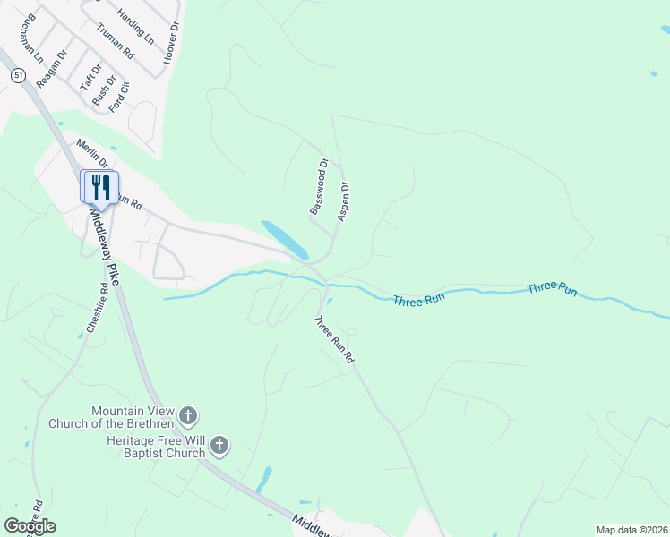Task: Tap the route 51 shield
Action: (x=19, y=77)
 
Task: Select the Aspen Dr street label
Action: (x=342, y=201)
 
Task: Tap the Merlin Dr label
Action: (x=92, y=153)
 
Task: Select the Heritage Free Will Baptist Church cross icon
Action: (x=220, y=445)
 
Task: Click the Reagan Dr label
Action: (x=52, y=68)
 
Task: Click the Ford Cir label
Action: (x=120, y=96)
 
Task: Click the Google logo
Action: (x=30, y=526)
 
